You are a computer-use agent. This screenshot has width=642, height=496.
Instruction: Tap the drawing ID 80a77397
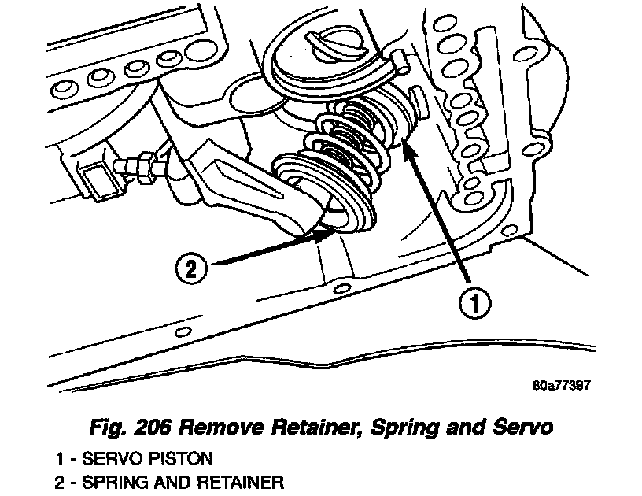coord(561,387)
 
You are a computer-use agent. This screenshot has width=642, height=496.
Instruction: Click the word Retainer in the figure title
coord(299,428)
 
